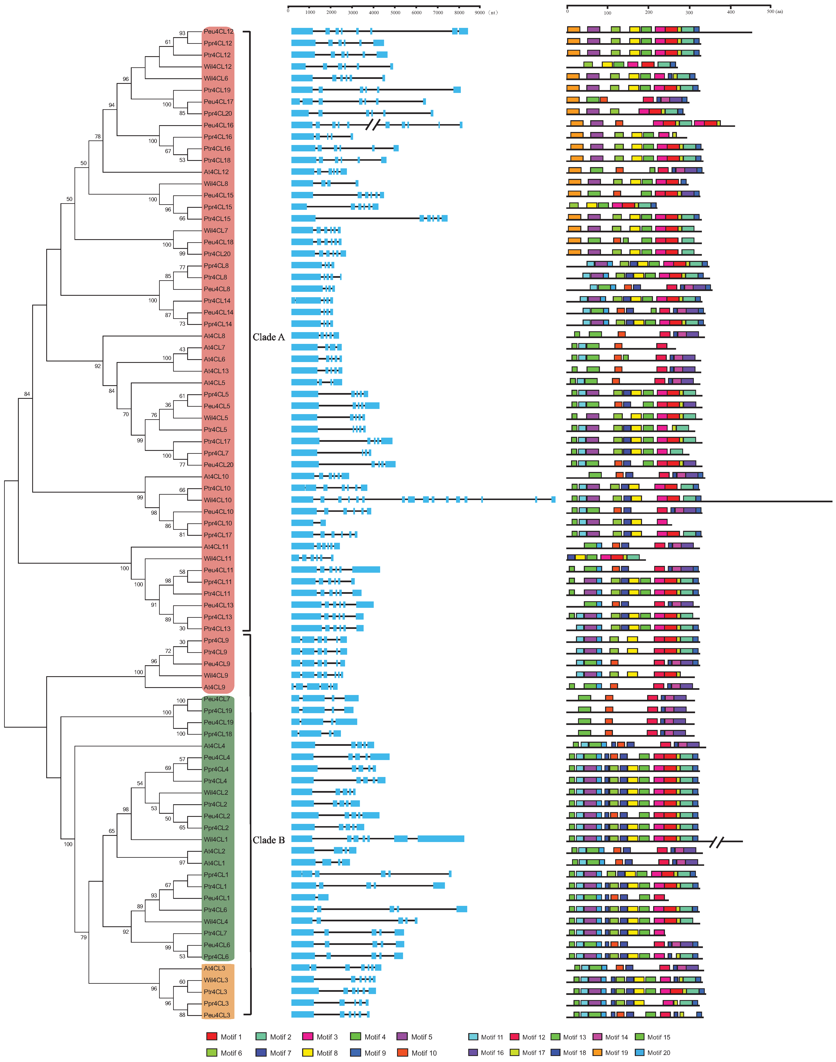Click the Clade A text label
coord(268,337)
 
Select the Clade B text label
coord(268,840)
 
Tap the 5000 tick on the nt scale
coord(395,12)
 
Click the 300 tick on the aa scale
coord(689,12)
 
